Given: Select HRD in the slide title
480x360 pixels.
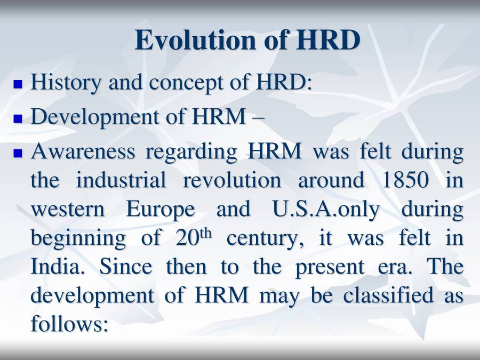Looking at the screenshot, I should pyautogui.click(x=327, y=41).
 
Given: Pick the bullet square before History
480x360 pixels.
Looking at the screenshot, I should pyautogui.click(x=19, y=84).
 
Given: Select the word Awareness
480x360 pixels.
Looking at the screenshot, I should pyautogui.click(x=83, y=151).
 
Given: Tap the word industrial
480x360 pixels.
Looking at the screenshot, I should pyautogui.click(x=121, y=180).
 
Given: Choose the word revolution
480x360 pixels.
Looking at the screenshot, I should pyautogui.click(x=232, y=180).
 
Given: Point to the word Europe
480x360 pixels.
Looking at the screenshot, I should pyautogui.click(x=161, y=210).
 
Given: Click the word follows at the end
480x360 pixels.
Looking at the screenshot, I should pyautogui.click(x=69, y=323).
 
